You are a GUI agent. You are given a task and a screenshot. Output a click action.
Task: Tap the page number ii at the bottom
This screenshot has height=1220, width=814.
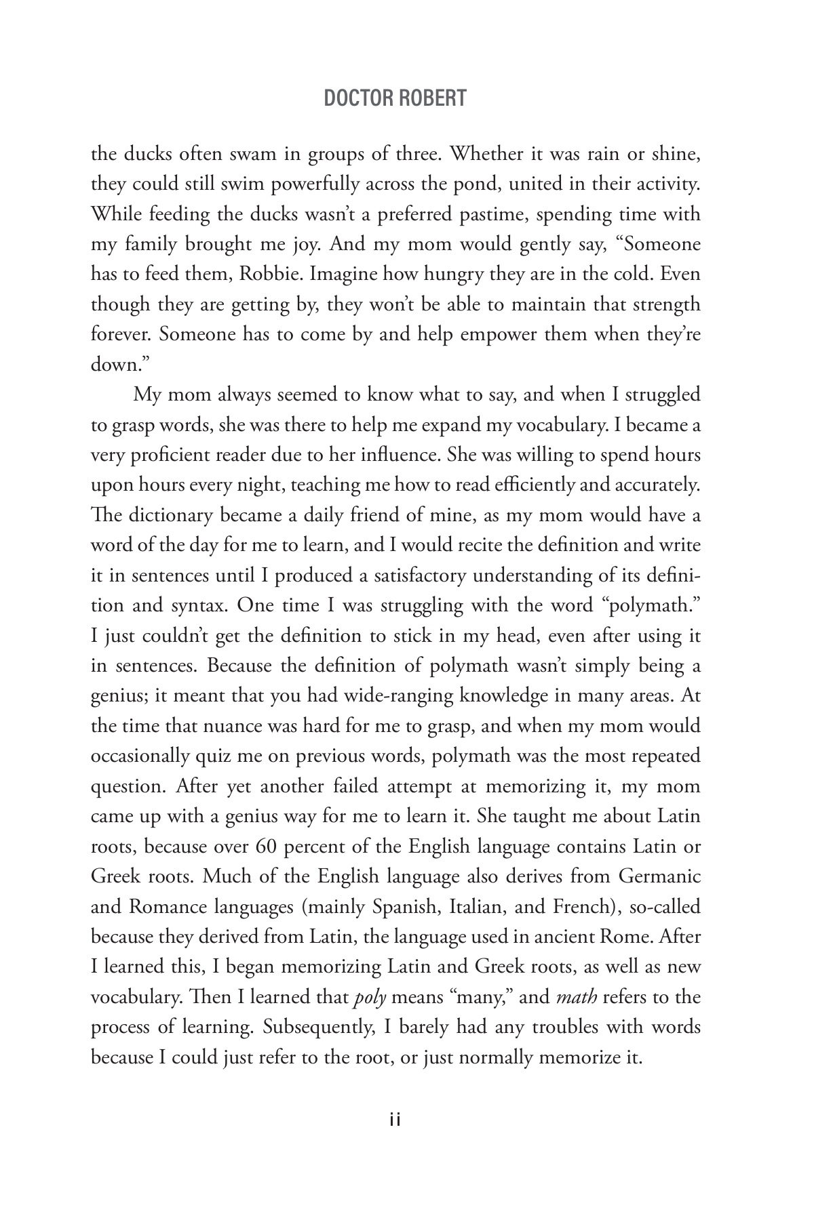pos(396,1120)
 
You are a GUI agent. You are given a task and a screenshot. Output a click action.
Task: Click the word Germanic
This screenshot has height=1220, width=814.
pos(659,876)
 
